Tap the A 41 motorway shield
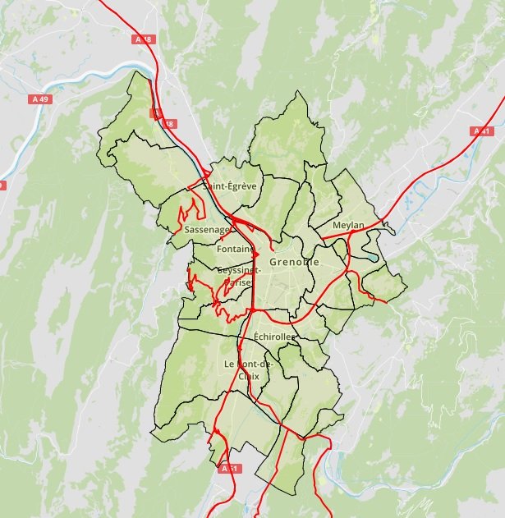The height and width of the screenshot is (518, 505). pos(481,131)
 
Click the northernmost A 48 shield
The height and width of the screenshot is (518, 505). pos(143,39)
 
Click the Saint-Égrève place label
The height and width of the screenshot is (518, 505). pos(230,186)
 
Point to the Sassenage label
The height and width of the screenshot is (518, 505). pos(207,230)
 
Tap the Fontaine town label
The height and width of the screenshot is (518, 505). pos(236,249)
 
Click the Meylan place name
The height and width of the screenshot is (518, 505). pos(348,225)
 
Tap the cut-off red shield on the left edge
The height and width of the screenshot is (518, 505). pos(2,186)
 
